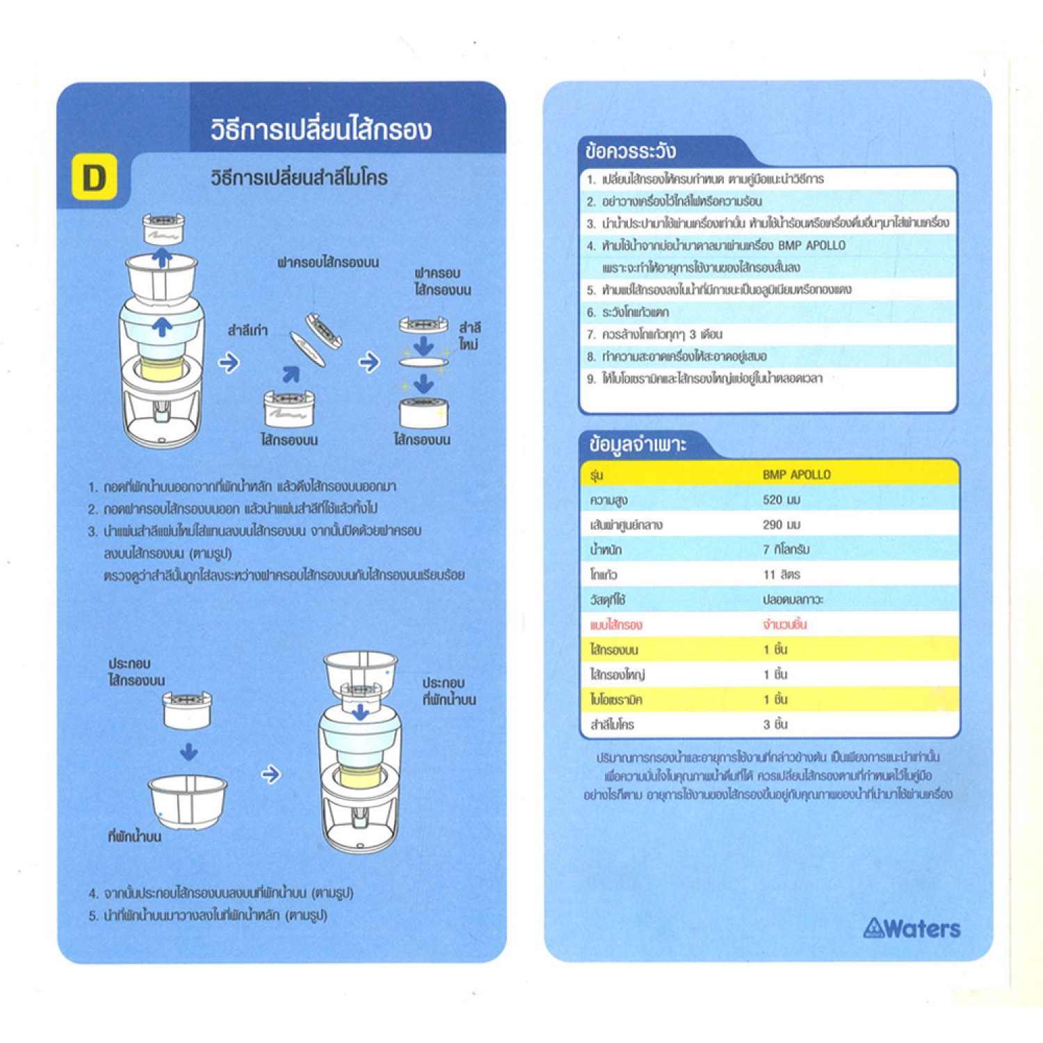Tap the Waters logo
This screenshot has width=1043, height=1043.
click(912, 928)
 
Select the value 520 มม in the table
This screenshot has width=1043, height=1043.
click(781, 499)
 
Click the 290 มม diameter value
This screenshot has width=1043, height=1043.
click(781, 524)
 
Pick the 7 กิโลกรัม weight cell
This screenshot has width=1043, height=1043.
click(786, 549)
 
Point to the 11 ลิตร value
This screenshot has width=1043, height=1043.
click(781, 574)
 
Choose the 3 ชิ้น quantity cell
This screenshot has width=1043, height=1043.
click(775, 725)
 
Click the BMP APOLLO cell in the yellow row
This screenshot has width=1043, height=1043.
click(796, 474)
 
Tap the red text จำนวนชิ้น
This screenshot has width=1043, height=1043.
click(784, 624)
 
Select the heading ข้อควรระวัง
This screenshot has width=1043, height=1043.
click(631, 151)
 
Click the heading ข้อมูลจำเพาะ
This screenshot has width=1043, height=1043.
click(638, 444)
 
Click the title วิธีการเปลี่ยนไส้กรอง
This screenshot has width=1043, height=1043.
click(321, 129)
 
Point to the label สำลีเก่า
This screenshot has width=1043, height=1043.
click(248, 330)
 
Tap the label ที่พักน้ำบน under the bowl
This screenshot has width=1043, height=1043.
click(135, 836)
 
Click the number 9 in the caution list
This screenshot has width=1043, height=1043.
click(591, 379)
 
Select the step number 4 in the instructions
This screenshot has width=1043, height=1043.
click(93, 894)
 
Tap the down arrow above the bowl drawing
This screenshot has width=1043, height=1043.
click(188, 752)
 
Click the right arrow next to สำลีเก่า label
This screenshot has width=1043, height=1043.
click(229, 362)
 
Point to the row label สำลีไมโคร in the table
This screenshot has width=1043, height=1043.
click(612, 725)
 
